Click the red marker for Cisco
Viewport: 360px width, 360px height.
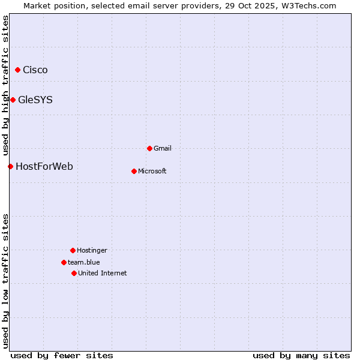(17, 70)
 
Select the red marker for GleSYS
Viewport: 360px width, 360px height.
(13, 100)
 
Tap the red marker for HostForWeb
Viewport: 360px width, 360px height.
(10, 166)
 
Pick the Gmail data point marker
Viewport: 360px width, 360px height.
(149, 148)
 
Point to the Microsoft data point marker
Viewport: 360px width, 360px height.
(134, 171)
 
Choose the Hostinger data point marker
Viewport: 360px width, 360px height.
(73, 250)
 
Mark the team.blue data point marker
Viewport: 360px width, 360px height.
(64, 262)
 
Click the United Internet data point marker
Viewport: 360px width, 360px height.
(74, 273)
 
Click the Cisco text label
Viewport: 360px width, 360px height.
(35, 70)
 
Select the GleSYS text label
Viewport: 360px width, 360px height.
(35, 100)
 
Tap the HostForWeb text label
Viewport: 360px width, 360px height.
(44, 166)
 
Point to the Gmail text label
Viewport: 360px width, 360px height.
(163, 148)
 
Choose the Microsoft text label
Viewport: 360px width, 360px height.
(152, 171)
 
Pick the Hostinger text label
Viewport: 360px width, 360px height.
(92, 250)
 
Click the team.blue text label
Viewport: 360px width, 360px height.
(84, 262)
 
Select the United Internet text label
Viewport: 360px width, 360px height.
(103, 273)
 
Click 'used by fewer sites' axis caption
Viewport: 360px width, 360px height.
(62, 355)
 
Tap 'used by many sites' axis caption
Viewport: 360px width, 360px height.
(301, 355)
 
